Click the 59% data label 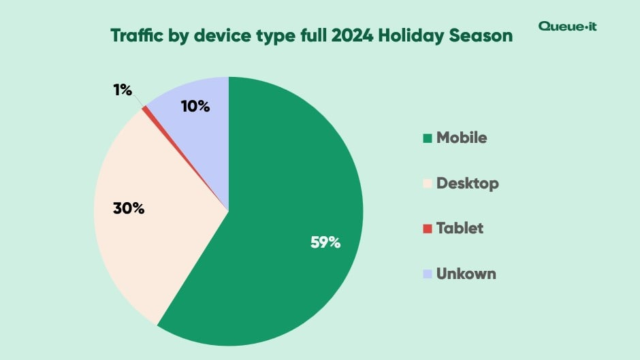(x=325, y=242)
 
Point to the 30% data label (x=129, y=208)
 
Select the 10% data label (x=195, y=106)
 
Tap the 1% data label (x=123, y=89)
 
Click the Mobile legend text (x=462, y=137)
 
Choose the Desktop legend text (x=468, y=183)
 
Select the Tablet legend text (x=460, y=228)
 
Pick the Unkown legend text (x=466, y=274)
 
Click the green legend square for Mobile (x=428, y=138)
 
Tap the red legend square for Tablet (x=428, y=229)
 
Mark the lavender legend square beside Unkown (x=428, y=274)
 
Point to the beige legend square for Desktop (x=428, y=184)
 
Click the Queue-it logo (x=567, y=27)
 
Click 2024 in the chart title (x=351, y=36)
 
